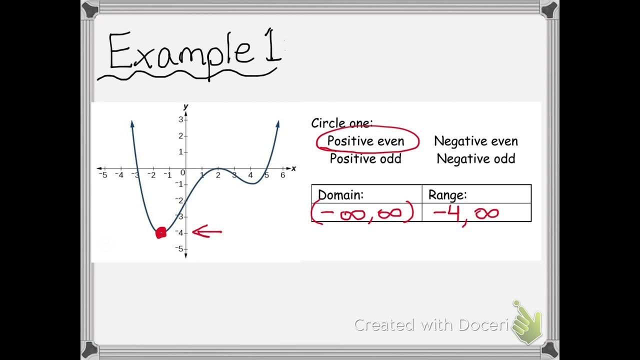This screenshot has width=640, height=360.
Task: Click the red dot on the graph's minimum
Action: pyautogui.click(x=161, y=232)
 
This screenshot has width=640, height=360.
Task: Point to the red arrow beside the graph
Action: pyautogui.click(x=207, y=232)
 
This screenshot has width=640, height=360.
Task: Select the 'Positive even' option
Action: pyautogui.click(x=365, y=141)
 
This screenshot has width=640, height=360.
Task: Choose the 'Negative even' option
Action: pyautogui.click(x=475, y=141)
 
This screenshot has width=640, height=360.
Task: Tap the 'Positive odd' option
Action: pyautogui.click(x=365, y=159)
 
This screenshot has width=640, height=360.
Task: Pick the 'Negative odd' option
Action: pyautogui.click(x=475, y=159)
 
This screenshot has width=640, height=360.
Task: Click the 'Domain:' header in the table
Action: pyautogui.click(x=341, y=195)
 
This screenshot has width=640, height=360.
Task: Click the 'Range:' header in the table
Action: pyautogui.click(x=447, y=195)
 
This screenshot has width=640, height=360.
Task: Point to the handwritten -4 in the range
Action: pyautogui.click(x=446, y=214)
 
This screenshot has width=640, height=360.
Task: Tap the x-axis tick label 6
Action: pyautogui.click(x=283, y=175)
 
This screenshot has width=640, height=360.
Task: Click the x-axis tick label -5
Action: pyautogui.click(x=103, y=175)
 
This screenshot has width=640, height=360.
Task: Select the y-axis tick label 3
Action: pyautogui.click(x=180, y=119)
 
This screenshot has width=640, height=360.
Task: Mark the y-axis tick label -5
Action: pyautogui.click(x=178, y=249)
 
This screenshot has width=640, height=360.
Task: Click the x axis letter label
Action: pyautogui.click(x=293, y=168)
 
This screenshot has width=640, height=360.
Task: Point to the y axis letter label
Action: pyautogui.click(x=185, y=106)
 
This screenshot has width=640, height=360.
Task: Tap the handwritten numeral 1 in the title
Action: pyautogui.click(x=273, y=51)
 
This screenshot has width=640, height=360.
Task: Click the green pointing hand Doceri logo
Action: pyautogui.click(x=527, y=322)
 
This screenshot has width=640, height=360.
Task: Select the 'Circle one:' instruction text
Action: pyautogui.click(x=342, y=123)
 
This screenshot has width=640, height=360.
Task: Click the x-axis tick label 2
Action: pyautogui.click(x=218, y=175)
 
